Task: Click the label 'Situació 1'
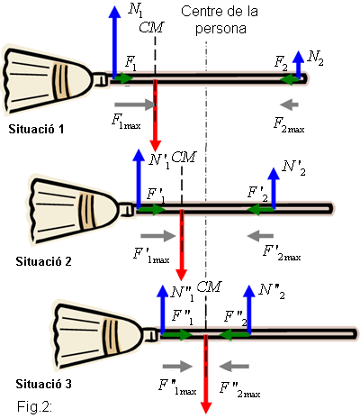36,129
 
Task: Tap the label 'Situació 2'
43,261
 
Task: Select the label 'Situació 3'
43,384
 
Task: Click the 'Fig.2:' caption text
34,406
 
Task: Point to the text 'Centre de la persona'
220,20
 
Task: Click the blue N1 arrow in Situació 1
114,42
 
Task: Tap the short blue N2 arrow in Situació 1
298,65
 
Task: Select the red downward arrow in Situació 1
155,115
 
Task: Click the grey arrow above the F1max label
136,104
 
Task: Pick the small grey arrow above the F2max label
289,104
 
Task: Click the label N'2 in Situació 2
293,168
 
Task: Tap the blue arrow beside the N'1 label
139,178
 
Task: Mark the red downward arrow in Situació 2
182,245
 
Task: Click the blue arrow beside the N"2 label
249,309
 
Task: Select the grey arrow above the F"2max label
234,367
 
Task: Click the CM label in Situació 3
209,287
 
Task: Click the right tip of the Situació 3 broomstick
357,333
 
